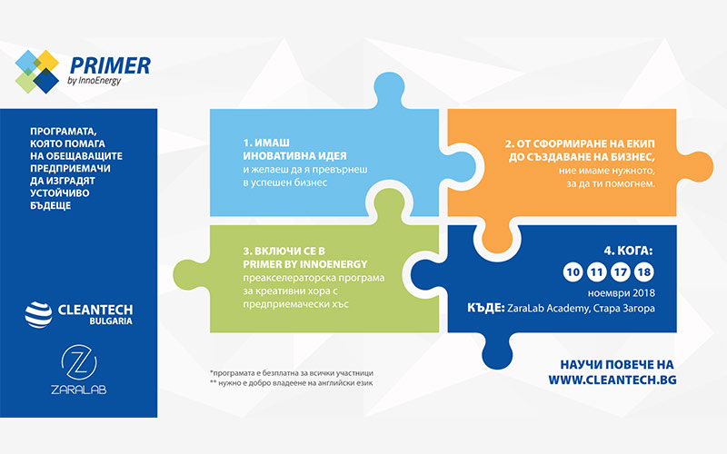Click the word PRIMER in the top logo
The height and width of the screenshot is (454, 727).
coord(110,65)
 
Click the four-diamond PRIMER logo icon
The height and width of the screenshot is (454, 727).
coord(37,72)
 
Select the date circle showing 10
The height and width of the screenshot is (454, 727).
coord(573,271)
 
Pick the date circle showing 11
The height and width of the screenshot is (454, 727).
coord(597,271)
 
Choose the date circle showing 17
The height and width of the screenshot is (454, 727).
coord(621,271)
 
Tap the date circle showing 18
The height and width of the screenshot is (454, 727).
coord(644,271)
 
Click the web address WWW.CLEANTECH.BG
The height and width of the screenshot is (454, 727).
coord(612,380)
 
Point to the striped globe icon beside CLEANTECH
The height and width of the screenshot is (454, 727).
coord(38,314)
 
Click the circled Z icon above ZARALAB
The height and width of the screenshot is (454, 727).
coord(79,361)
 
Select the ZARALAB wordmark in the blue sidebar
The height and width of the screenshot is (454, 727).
coord(79,390)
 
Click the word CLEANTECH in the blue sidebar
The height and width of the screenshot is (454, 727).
coord(95,310)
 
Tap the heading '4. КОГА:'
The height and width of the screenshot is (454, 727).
coord(628,251)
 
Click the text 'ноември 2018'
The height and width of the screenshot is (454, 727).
coord(622,293)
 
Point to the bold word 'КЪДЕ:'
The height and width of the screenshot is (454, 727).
coord(485,308)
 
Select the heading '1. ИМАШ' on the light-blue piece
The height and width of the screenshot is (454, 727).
coord(266,143)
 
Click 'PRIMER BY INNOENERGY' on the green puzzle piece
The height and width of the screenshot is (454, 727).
coord(305,264)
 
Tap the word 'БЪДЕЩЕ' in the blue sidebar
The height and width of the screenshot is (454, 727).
coord(51,205)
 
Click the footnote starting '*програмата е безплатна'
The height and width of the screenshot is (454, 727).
coord(291,373)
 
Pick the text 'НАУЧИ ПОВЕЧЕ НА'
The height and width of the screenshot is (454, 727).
coord(617,365)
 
